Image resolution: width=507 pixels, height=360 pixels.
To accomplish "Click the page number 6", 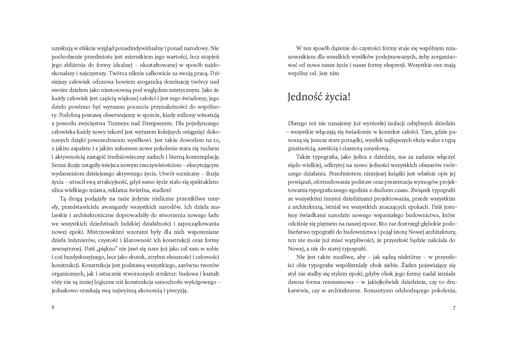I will tap(53, 307).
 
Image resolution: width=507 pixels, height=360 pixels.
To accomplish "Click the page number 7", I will tap(454, 308).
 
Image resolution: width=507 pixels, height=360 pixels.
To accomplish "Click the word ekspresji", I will tap(393, 65).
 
